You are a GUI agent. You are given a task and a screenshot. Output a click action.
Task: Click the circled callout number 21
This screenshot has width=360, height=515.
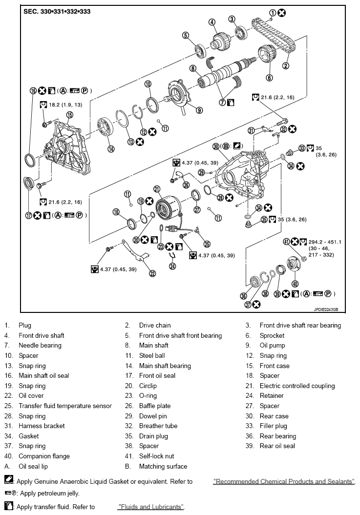pyautogui.click(x=157, y=189)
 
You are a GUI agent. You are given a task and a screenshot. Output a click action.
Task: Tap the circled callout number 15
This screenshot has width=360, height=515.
pyautogui.click(x=69, y=115)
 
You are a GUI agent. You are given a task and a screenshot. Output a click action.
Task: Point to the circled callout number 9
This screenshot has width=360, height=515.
pyautogui.click(x=199, y=110)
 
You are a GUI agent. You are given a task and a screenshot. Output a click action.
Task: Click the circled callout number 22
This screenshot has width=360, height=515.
pyautogui.click(x=152, y=273)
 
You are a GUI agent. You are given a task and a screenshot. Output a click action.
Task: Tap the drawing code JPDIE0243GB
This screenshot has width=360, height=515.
pyautogui.click(x=326, y=309)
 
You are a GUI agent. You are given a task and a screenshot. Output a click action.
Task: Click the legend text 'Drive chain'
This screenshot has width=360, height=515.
pyautogui.click(x=155, y=325)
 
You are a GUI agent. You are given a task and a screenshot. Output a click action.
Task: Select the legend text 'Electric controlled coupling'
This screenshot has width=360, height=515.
pyautogui.click(x=297, y=386)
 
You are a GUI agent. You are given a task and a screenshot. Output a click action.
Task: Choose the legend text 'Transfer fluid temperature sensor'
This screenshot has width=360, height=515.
pyautogui.click(x=65, y=406)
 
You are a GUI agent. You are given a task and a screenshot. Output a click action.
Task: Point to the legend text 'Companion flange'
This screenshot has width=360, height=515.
pyautogui.click(x=44, y=456)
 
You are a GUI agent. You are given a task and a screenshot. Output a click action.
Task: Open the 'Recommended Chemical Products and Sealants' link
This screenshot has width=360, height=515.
pyautogui.click(x=284, y=482)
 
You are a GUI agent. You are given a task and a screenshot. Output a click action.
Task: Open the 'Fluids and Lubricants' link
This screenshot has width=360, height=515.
pyautogui.click(x=151, y=507)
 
